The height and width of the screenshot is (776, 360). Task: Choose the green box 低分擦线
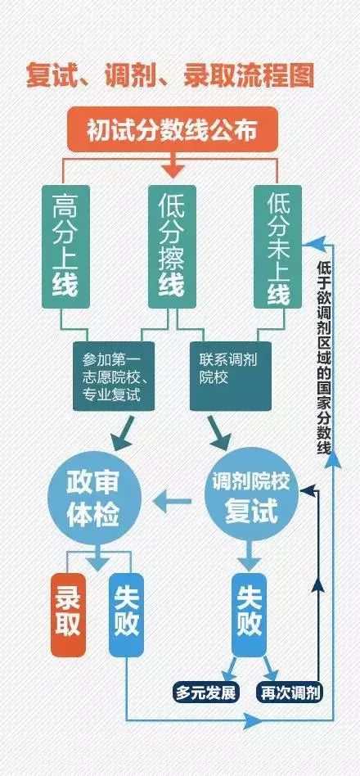pos(171,246)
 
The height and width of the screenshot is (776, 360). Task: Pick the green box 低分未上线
pos(277,246)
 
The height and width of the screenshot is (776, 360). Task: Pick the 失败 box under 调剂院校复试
pos(250,613)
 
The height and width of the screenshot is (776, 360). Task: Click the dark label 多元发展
pos(205,692)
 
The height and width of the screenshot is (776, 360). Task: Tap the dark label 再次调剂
pos(287,692)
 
